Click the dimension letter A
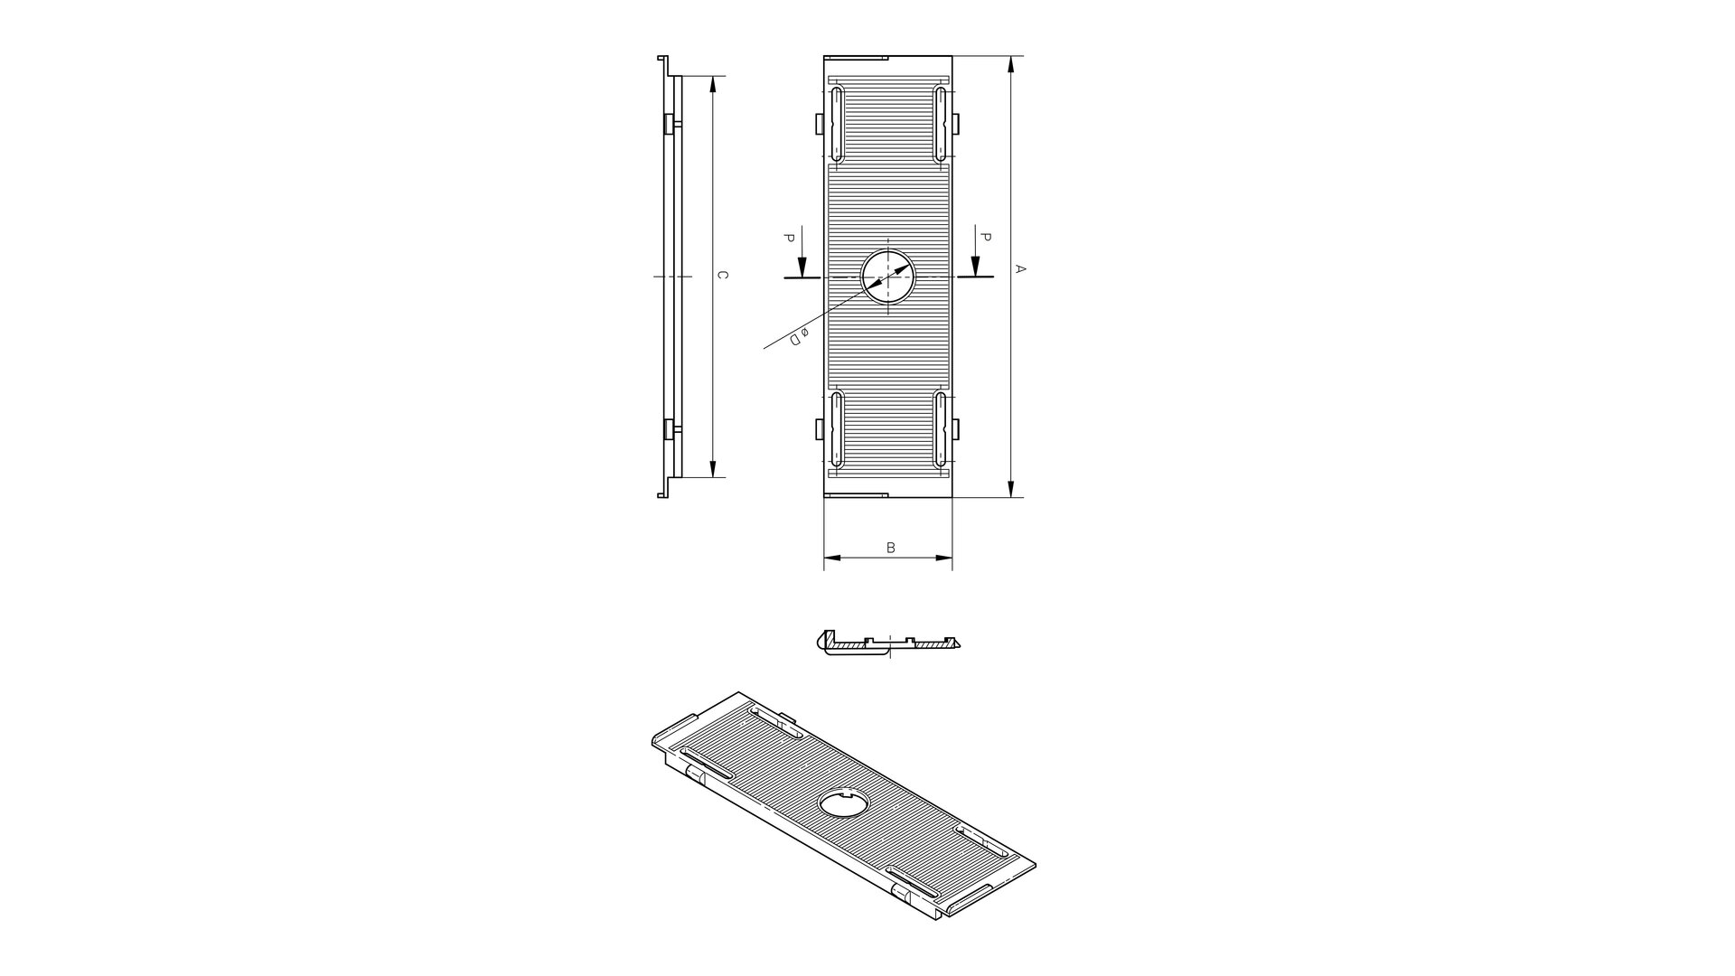1021,268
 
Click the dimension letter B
890,548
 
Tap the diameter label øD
799,335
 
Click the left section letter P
789,239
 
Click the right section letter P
986,238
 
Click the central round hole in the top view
888,277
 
